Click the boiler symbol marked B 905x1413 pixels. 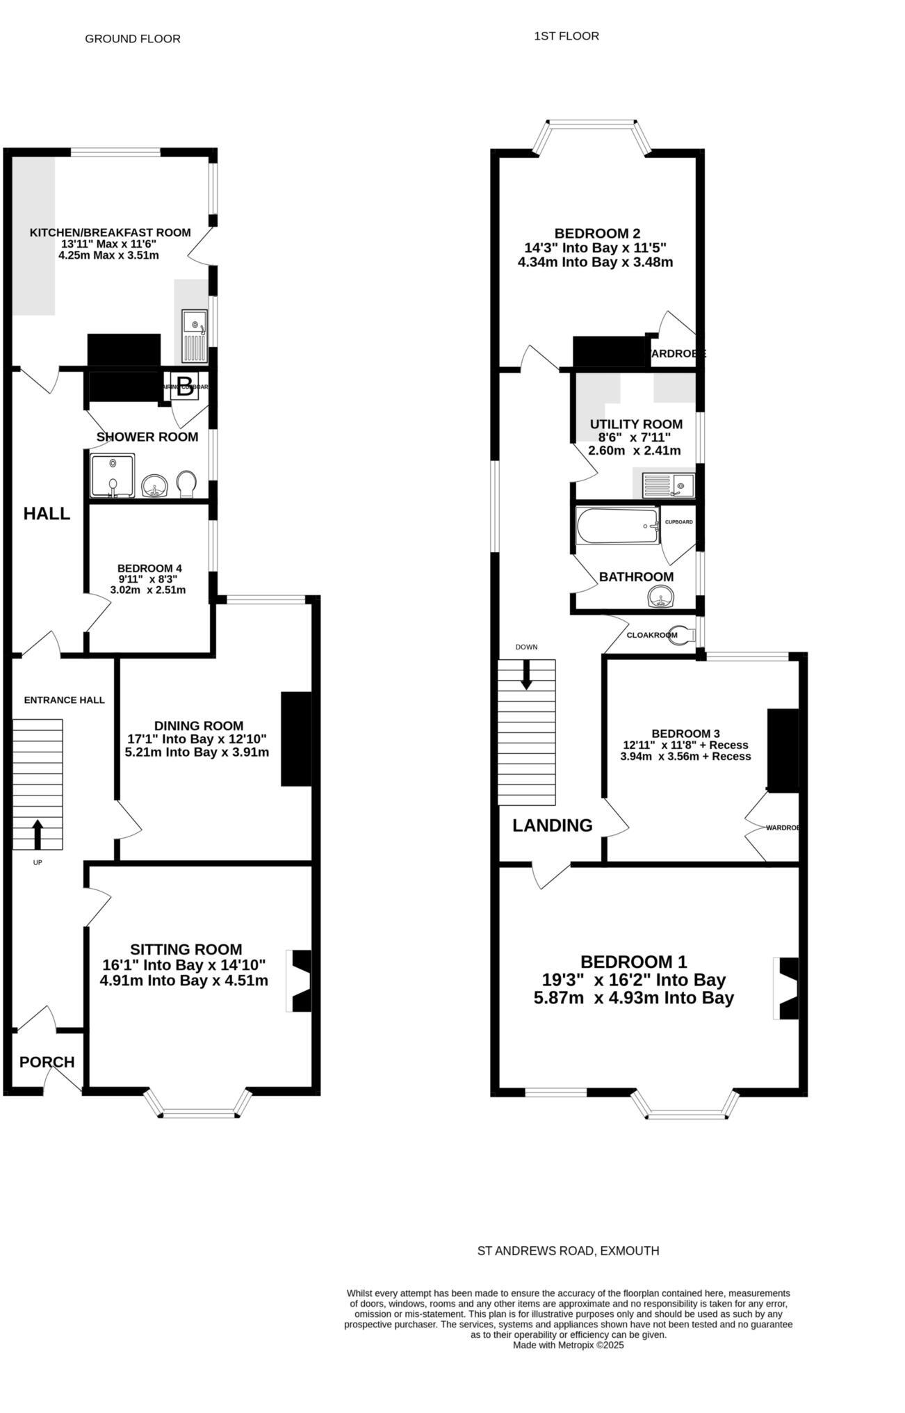tap(184, 387)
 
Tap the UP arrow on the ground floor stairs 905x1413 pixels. tap(38, 834)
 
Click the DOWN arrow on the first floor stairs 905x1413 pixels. tap(526, 673)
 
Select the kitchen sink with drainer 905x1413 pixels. tap(194, 336)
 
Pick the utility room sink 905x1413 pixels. tap(668, 484)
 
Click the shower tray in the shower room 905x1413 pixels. tap(113, 476)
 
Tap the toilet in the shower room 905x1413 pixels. tap(187, 484)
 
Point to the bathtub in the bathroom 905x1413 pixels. tap(617, 526)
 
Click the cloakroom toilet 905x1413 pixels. tap(683, 635)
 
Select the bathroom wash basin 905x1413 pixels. tap(661, 597)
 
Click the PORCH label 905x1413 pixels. tap(47, 1062)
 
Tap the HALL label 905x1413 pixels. tap(47, 514)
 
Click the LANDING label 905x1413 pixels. tap(552, 825)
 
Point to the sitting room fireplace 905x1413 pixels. tap(300, 981)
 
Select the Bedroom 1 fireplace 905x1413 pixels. tap(786, 988)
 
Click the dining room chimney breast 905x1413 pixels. tap(295, 738)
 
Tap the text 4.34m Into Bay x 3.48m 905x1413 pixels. tap(595, 263)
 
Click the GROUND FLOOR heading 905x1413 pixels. tap(133, 39)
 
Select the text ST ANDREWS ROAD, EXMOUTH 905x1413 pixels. tap(568, 1250)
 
